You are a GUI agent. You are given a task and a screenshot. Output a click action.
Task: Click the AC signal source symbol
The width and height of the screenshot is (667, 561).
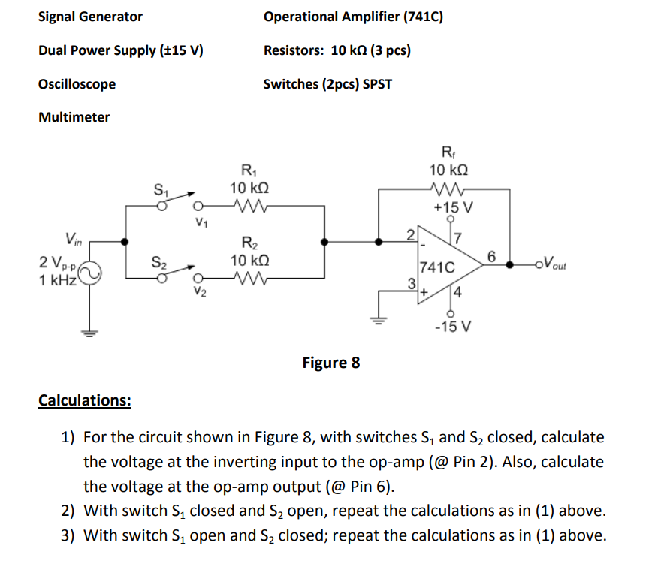(89, 273)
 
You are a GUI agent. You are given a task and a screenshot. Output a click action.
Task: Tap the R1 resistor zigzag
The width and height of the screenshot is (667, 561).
(251, 206)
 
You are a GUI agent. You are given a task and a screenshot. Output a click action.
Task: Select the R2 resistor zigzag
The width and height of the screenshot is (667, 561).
(251, 279)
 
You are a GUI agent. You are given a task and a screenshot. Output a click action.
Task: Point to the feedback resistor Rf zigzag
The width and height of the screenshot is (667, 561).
(448, 188)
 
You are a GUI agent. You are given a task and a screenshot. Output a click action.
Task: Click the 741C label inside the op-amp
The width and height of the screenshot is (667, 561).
(437, 267)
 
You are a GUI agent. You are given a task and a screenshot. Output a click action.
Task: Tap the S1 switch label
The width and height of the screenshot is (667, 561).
(161, 189)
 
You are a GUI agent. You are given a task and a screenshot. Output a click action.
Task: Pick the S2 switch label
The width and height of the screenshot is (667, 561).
(159, 262)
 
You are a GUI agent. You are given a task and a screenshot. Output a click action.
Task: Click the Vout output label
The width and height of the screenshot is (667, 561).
(554, 262)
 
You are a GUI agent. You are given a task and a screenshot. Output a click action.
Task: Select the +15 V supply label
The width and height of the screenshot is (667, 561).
(453, 207)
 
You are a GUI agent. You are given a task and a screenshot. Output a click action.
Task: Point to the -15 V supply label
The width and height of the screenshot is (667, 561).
(453, 327)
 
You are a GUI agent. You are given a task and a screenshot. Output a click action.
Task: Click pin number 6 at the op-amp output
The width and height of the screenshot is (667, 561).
(491, 257)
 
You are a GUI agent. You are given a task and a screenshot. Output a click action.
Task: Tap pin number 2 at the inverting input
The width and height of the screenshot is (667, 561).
(411, 235)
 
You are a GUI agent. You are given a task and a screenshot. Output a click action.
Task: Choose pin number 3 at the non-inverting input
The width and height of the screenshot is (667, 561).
(412, 283)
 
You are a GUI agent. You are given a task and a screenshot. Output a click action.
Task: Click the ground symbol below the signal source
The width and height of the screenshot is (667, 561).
(89, 333)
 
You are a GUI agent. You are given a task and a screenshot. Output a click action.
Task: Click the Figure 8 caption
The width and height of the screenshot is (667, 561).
(331, 363)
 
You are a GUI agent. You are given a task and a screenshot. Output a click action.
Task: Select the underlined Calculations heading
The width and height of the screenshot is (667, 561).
(85, 400)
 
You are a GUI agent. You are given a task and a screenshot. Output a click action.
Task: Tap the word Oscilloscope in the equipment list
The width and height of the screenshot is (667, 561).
(77, 84)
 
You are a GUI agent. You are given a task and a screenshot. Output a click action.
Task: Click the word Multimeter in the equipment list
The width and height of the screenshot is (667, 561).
(74, 117)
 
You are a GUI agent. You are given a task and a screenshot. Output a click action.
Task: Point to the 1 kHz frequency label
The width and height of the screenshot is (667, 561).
(58, 280)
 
